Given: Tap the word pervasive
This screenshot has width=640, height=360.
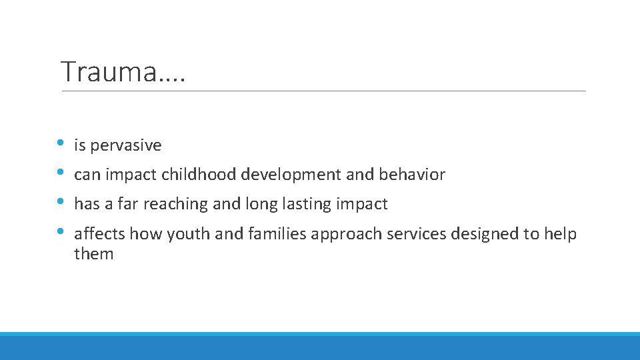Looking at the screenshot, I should [126, 145].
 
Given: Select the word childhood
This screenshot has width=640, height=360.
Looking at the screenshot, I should [199, 175].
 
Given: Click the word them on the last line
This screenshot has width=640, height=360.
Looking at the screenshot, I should [94, 254].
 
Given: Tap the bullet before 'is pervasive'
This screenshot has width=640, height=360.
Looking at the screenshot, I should [61, 143].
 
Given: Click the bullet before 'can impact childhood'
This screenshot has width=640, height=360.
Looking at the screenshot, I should [61, 173].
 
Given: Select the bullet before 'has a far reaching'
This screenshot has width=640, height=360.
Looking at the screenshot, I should [61, 202].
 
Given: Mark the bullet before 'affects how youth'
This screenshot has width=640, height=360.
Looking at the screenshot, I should [61, 232].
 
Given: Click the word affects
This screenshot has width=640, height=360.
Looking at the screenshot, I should [99, 234].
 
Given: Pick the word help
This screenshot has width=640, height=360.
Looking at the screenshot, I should [560, 235].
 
